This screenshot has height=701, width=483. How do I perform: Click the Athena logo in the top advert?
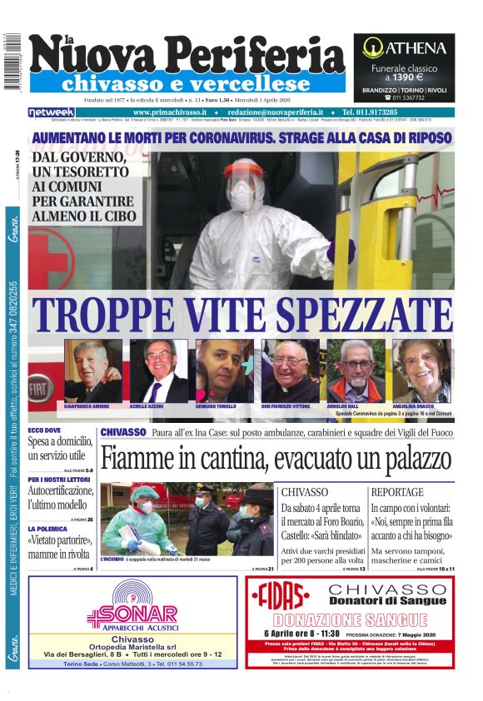(x=404, y=47)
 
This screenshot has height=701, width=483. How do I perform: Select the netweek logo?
(x=52, y=112)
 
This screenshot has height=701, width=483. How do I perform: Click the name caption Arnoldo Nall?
(x=342, y=406)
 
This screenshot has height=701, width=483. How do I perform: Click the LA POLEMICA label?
(x=52, y=528)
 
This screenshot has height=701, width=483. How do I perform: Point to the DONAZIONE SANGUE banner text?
(x=357, y=619)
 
